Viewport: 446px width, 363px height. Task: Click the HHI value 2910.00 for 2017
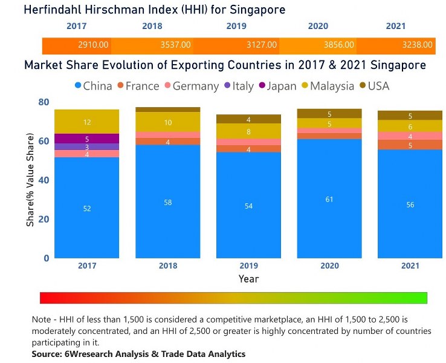pyautogui.click(x=94, y=45)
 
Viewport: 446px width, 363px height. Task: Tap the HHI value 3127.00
pyautogui.click(x=262, y=45)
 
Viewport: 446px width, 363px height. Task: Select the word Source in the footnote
pyautogui.click(x=48, y=353)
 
